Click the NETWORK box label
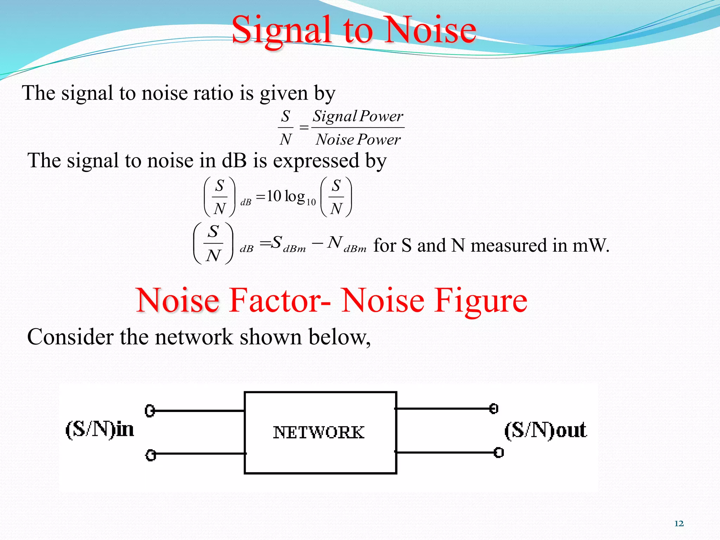click(x=319, y=432)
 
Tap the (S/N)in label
click(x=100, y=430)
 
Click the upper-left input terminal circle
click(x=150, y=411)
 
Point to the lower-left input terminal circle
click(x=150, y=455)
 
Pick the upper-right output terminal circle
click(x=494, y=409)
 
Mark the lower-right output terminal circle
click(x=499, y=452)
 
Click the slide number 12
click(x=679, y=523)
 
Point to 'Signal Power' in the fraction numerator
click(x=358, y=116)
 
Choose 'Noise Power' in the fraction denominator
click(x=358, y=140)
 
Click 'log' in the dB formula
click(x=295, y=196)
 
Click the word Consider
click(x=70, y=337)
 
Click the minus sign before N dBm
click(x=317, y=243)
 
